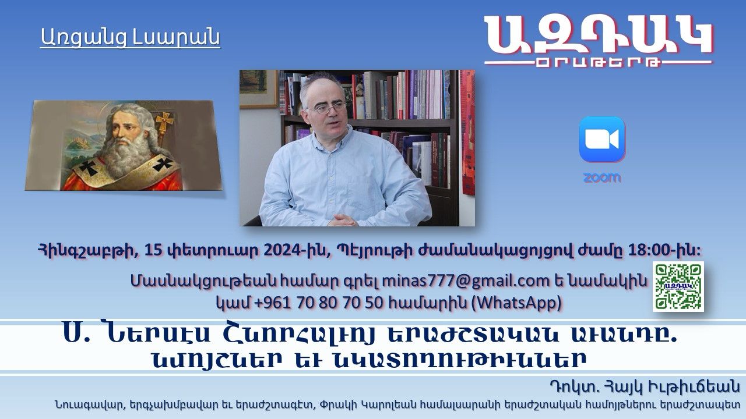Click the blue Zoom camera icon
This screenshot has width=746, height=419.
602,139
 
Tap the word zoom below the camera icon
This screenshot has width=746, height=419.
602,178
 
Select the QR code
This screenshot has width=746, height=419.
678,286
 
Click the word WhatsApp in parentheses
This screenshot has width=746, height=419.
516,303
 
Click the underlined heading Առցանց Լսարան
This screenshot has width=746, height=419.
130,37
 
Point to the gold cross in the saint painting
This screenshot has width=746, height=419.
165,122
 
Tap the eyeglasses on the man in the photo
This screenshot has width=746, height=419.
327,108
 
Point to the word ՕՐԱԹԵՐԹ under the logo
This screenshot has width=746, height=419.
599,62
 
